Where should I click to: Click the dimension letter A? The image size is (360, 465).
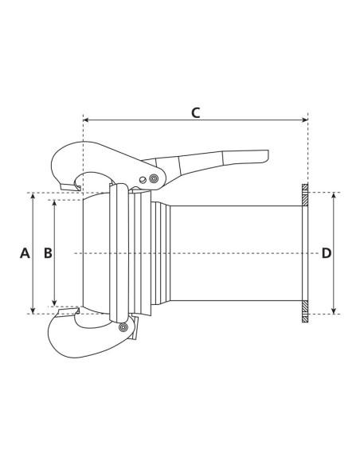(x=24, y=253)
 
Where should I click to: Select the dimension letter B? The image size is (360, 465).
(x=48, y=253)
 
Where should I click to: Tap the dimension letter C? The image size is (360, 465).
(x=195, y=112)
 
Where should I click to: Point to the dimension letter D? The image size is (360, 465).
(x=326, y=253)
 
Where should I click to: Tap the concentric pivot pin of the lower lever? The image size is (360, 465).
(x=123, y=326)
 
